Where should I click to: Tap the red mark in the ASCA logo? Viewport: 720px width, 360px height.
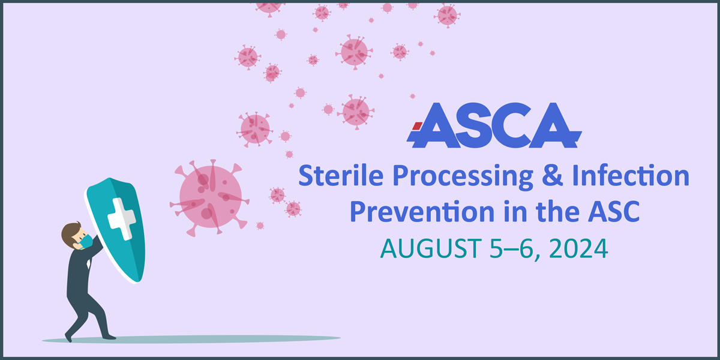(x=415, y=126)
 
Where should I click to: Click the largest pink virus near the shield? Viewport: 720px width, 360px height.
(x=211, y=194)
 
